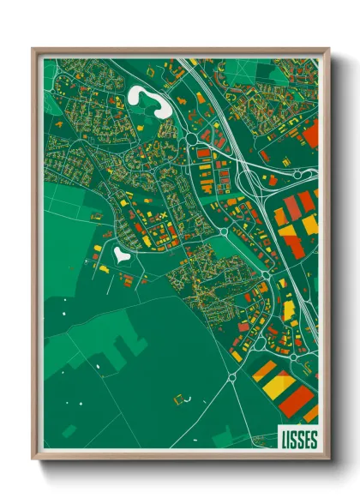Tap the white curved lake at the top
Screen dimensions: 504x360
pos(146,99)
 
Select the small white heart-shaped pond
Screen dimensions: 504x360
pos(121,254)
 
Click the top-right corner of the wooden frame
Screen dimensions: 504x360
pos(328,49)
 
